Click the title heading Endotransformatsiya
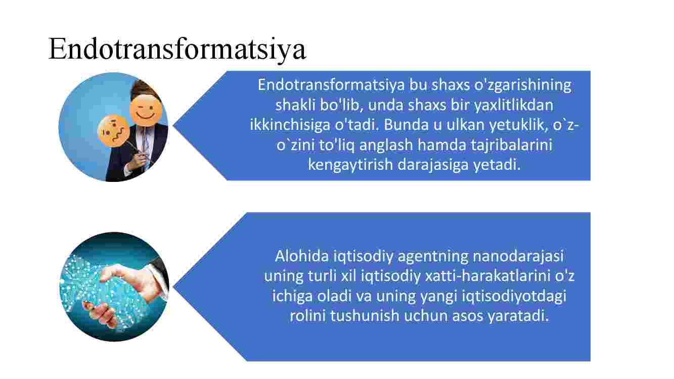coord(177,49)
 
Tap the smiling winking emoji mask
coord(146,110)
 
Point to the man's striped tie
coord(145,145)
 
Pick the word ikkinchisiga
coord(290,125)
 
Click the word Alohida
coord(302,256)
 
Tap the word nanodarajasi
coord(518,257)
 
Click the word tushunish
coord(365,316)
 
